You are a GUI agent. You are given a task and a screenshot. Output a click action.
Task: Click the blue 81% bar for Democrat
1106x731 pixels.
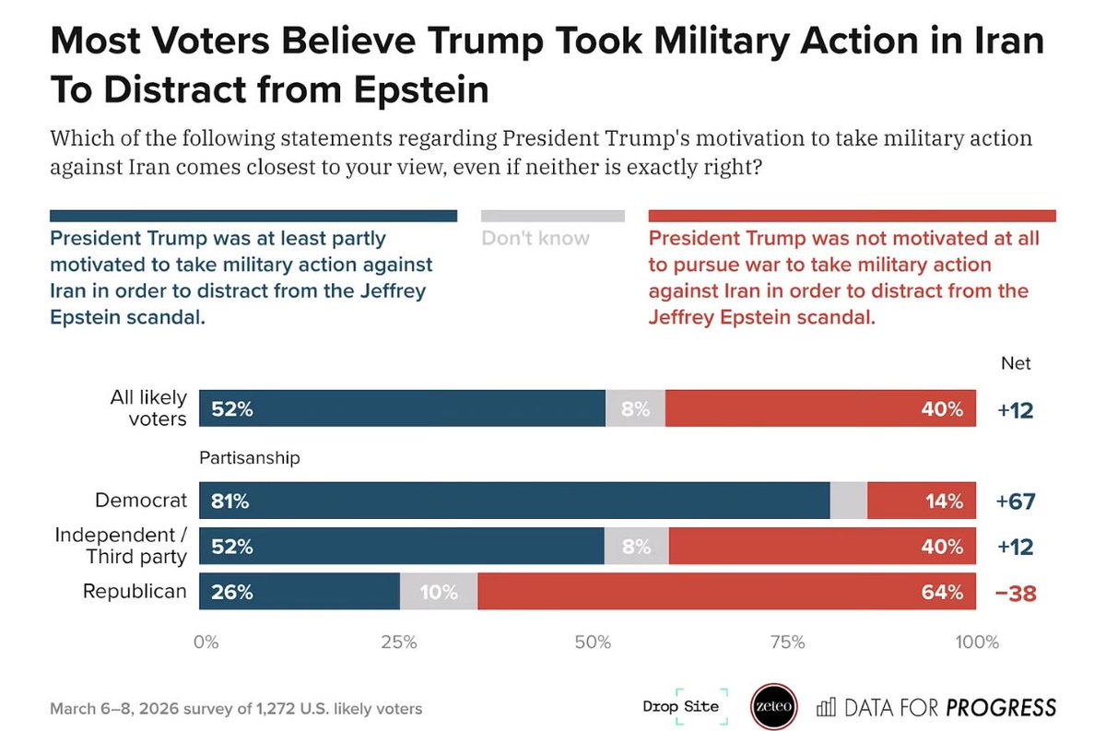[x=514, y=501]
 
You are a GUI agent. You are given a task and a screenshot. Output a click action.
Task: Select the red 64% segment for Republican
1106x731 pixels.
[x=726, y=592]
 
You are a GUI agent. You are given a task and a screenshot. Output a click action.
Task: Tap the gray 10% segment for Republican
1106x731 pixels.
[x=439, y=592]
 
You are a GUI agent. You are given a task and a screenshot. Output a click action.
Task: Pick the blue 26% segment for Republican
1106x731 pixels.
[x=300, y=592]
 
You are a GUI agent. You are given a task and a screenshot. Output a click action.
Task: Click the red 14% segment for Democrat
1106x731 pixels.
[x=921, y=501]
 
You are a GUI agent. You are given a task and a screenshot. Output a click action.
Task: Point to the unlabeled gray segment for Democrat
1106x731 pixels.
[x=849, y=501]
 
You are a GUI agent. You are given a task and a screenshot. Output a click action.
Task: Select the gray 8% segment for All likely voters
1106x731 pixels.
[x=635, y=408]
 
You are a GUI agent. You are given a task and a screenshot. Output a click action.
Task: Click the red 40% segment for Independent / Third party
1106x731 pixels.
[x=822, y=547]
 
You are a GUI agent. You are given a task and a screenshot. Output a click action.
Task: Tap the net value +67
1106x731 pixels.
[x=1016, y=502]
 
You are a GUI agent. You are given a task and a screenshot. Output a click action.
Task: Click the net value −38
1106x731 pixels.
[x=1016, y=593]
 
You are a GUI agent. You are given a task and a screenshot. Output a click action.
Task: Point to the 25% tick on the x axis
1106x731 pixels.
[x=398, y=643]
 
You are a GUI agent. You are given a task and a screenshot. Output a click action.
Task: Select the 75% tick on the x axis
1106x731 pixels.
[x=787, y=643]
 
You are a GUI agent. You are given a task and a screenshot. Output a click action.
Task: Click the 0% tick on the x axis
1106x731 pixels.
[x=205, y=643]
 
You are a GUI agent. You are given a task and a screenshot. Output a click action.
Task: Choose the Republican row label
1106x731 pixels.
[x=135, y=592]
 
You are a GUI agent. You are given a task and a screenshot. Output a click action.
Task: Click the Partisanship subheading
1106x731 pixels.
[x=250, y=456]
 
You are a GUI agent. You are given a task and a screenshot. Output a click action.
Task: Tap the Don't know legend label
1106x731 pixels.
[x=535, y=239]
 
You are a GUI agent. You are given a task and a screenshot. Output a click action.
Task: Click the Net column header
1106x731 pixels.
[x=1016, y=363]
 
